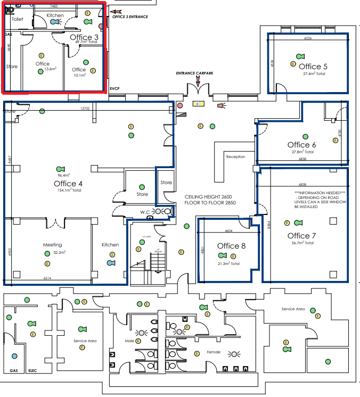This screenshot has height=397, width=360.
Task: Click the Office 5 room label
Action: [x=313, y=67]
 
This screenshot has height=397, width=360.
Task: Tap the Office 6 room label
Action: [x=302, y=145]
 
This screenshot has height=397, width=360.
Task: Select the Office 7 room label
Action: [x=302, y=236]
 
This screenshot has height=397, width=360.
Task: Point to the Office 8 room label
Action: [x=232, y=246]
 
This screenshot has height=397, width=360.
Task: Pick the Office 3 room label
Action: [x=84, y=37]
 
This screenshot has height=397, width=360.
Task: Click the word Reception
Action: [x=235, y=157]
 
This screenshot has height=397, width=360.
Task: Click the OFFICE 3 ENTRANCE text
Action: [x=130, y=17]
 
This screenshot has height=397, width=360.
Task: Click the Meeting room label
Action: [x=52, y=245]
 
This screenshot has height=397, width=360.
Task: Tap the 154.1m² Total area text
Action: [x=70, y=190]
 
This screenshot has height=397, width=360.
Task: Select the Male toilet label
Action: [x=129, y=341]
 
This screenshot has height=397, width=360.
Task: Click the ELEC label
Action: [x=32, y=370]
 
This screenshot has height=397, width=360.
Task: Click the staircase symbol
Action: [x=156, y=262]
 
